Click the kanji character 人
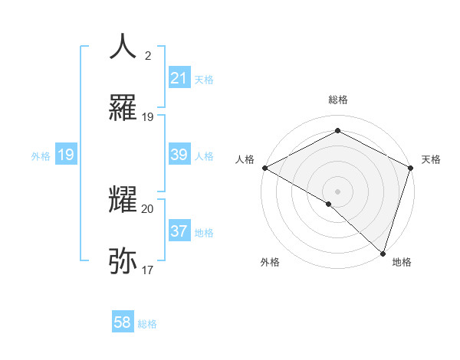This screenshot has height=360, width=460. tap(123, 47)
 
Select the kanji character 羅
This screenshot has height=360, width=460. tap(123, 110)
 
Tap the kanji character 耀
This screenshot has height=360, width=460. tap(123, 199)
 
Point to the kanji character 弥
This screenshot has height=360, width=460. tap(123, 261)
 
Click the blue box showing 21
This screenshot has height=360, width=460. tap(179, 78)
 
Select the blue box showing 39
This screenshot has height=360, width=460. tap(179, 155)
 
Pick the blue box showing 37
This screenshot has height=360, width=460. tap(179, 231)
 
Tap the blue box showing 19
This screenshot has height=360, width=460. tap(65, 155)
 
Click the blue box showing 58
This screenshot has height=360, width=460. tap(123, 322)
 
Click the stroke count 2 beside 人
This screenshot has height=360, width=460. tap(148, 55)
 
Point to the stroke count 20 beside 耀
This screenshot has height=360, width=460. tap(148, 208)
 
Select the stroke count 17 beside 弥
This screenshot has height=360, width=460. tap(148, 270)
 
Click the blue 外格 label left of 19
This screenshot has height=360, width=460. tap(41, 155)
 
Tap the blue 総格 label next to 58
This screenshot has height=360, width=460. tap(147, 324)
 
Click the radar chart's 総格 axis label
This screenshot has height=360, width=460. tap(338, 100)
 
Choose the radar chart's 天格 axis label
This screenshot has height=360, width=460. tap(431, 159)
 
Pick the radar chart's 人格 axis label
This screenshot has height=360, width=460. tap(245, 159)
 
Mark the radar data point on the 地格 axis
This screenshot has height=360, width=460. tap(383, 253)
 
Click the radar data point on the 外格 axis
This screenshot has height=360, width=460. tap(329, 204)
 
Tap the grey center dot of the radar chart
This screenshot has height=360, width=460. tap(337, 191)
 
